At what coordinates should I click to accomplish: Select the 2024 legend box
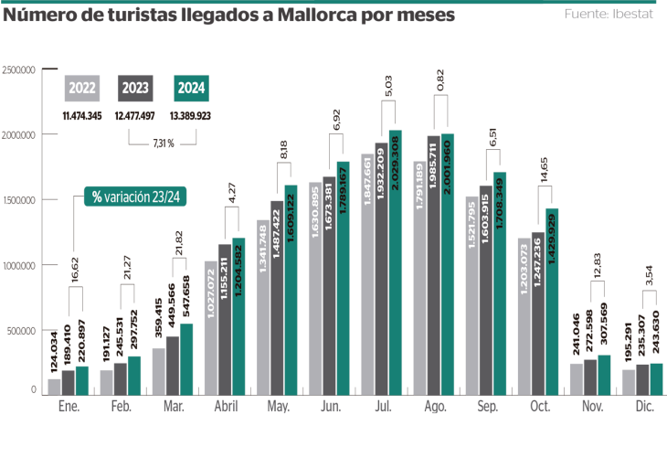pyautogui.click(x=189, y=88)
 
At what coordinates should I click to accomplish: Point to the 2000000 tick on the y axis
pyautogui.click(x=18, y=134)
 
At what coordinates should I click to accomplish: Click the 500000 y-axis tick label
pyautogui.click(x=19, y=331)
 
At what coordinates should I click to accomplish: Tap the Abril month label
pyautogui.click(x=225, y=409)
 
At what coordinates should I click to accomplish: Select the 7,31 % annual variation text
pyautogui.click(x=164, y=143)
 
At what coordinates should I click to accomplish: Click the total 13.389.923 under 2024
pyautogui.click(x=189, y=117)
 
